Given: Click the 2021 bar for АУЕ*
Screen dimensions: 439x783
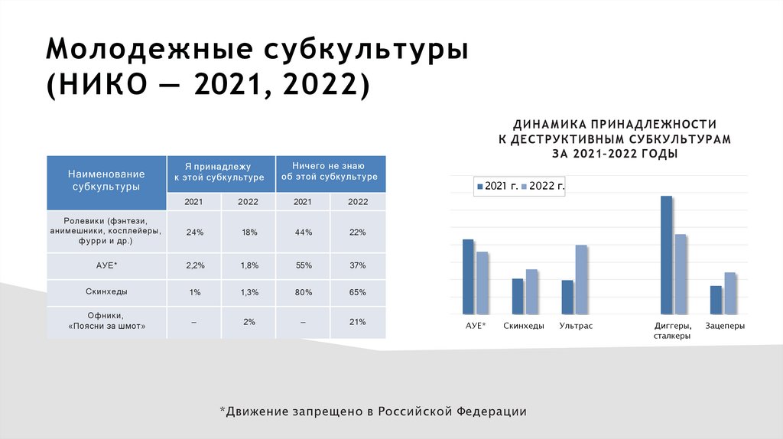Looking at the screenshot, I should tap(468, 277).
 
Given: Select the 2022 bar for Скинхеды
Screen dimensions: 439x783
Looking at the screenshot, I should tap(531, 291).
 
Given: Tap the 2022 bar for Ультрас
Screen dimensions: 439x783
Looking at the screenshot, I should tap(581, 279).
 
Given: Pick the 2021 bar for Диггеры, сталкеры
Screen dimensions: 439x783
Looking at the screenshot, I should tap(666, 255).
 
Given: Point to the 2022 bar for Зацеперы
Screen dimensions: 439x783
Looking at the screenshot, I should tap(729, 293).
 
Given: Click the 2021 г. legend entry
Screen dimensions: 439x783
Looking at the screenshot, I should tap(496, 185).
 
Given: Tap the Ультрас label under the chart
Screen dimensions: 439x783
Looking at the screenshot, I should tap(576, 326).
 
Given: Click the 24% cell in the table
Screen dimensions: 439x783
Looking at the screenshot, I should tap(193, 233).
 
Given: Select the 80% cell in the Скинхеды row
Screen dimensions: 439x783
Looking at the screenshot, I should tap(303, 292).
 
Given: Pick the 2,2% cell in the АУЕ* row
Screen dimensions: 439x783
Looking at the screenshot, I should tap(193, 265).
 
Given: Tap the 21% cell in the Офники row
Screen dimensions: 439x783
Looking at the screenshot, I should tap(358, 322).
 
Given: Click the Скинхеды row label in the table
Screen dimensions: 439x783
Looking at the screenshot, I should tap(106, 291).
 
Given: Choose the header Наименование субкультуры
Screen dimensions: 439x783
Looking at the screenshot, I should tap(106, 180).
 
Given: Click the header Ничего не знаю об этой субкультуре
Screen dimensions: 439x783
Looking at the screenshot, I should tap(330, 171).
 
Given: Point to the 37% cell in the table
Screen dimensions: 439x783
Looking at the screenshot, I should tap(358, 265).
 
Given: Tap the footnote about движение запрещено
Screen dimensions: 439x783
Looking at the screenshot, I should tap(373, 411).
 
